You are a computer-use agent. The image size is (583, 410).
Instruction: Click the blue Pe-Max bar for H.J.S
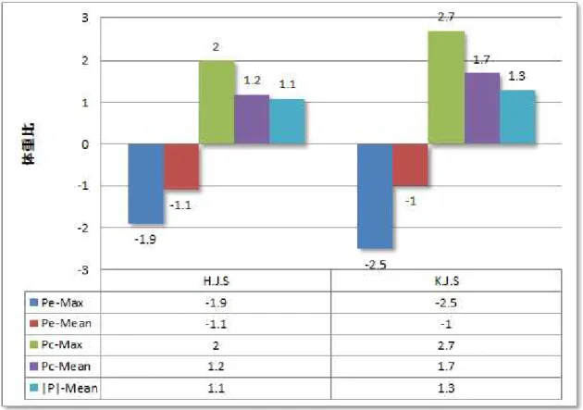point(146,183)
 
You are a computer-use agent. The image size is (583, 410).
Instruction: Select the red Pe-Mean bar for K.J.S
point(411,165)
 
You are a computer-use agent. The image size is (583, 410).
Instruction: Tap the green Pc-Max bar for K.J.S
point(446,87)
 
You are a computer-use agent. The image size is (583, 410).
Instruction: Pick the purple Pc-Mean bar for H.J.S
point(252,119)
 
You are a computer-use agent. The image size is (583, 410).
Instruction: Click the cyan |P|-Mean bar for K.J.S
point(517,117)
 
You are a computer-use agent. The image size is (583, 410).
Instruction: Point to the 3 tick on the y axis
point(85,18)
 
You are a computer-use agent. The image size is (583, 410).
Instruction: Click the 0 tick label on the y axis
point(85,144)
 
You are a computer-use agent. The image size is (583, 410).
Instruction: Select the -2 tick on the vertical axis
point(83,228)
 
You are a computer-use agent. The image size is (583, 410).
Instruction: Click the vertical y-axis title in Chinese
point(29,143)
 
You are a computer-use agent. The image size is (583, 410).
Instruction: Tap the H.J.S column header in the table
point(216,280)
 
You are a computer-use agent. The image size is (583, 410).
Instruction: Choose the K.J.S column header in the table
point(447,280)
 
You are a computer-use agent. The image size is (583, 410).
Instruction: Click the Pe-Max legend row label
point(62,303)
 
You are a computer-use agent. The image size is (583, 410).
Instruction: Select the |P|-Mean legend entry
point(69,388)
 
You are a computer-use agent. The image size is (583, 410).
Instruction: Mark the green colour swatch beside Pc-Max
point(34,345)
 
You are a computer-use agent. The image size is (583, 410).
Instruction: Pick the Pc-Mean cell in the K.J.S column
point(446,367)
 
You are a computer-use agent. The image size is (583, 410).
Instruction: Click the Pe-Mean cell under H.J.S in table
point(216,324)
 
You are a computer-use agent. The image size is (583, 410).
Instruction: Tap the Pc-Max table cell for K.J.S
point(446,345)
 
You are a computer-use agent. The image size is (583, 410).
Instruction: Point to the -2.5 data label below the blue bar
point(376,265)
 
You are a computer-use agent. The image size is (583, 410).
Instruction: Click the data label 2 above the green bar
point(216,47)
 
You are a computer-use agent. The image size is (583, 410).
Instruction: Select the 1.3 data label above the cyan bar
point(516,76)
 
